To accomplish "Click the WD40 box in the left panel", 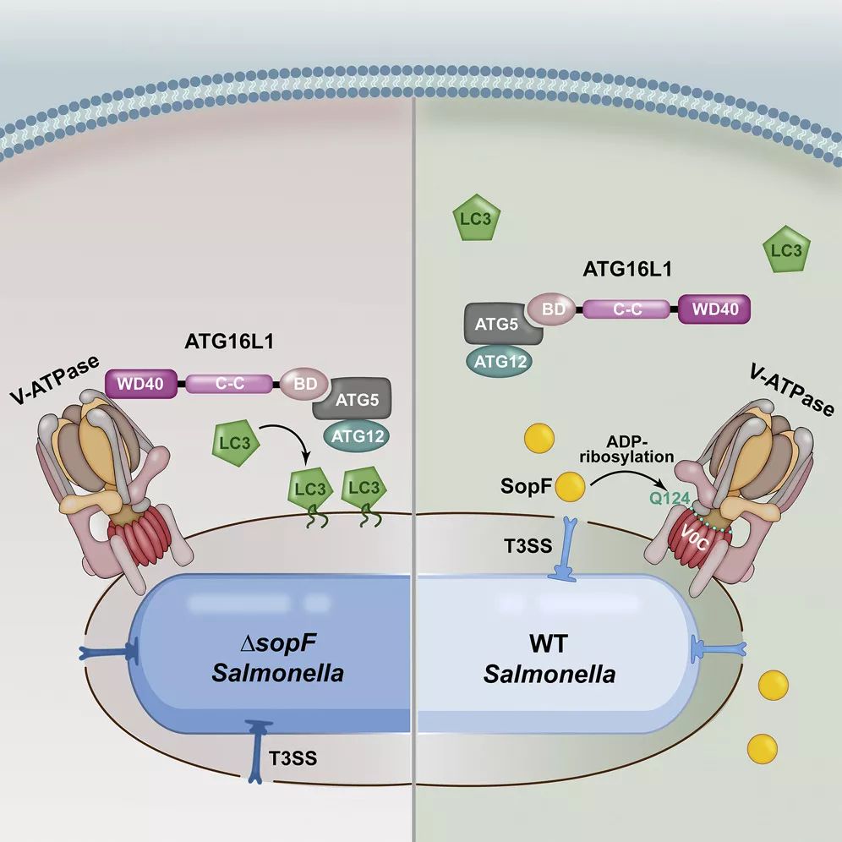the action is click(x=140, y=384).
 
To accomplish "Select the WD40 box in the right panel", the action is click(x=714, y=309).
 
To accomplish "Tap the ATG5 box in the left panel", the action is click(x=353, y=399).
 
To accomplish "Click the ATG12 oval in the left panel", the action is click(x=357, y=436).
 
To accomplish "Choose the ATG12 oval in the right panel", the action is click(x=500, y=361).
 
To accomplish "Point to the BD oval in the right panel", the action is click(x=553, y=309).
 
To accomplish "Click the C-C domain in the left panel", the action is click(x=229, y=384).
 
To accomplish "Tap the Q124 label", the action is click(x=669, y=499).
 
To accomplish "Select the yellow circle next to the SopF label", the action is click(x=570, y=486).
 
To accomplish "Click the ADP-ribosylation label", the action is click(x=626, y=449).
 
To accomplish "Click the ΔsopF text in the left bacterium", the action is click(x=278, y=642).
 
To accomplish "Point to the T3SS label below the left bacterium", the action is click(x=293, y=758).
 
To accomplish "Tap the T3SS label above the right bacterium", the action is click(x=528, y=546).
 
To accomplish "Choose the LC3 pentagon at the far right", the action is click(x=787, y=249).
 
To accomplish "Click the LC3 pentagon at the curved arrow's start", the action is click(x=236, y=443).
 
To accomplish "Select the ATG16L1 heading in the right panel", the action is click(x=627, y=269).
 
